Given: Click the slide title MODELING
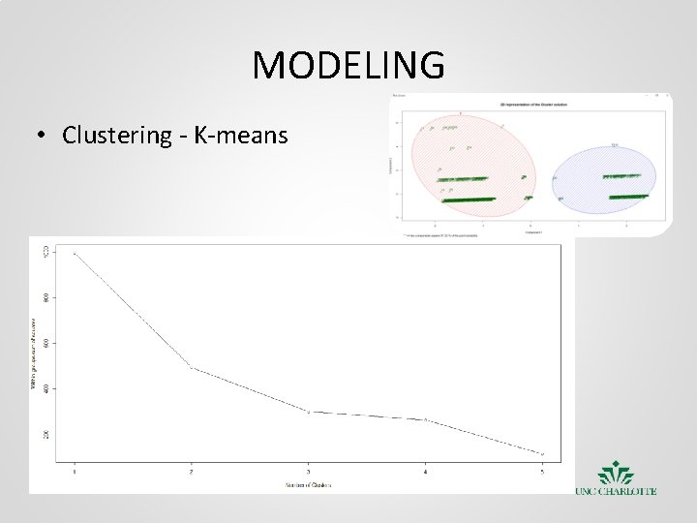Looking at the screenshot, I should point(348,66).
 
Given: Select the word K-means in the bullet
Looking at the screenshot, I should point(242,135).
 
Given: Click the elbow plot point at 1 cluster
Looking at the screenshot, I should point(75,253).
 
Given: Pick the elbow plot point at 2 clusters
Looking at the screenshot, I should point(192,367).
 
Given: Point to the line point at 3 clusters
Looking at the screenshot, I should point(309,412).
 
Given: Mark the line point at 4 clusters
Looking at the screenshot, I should point(425,419).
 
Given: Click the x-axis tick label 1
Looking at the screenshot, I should point(75,472).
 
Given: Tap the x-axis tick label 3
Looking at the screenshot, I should point(309,472).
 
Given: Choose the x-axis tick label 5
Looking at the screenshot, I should point(542,472).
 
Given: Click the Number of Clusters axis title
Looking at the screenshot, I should point(308,484).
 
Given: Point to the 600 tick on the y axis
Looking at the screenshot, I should point(44,343).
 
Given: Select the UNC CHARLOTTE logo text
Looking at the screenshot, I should point(616,491).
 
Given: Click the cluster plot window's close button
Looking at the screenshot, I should point(667,96).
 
